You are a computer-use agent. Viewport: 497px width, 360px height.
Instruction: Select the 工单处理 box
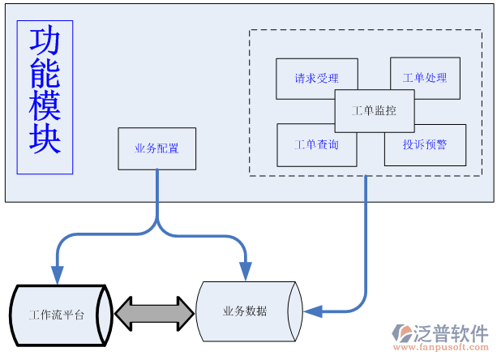[x=425, y=78]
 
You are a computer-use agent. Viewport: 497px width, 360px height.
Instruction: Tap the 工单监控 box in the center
[x=375, y=110]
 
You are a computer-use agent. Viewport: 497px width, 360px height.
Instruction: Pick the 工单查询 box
[x=316, y=144]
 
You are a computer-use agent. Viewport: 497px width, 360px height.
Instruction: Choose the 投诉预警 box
[x=425, y=145]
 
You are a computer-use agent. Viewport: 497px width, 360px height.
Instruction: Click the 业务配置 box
[x=156, y=148]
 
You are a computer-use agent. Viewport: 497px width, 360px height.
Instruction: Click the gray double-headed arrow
[x=154, y=311]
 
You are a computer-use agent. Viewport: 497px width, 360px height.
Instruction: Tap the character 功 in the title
[x=45, y=43]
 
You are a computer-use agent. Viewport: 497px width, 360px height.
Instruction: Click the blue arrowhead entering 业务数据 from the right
[x=311, y=311]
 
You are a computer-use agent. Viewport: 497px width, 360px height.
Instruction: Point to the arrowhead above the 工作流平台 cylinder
[x=58, y=274]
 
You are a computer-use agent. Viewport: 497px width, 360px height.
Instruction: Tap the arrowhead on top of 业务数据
[x=244, y=270]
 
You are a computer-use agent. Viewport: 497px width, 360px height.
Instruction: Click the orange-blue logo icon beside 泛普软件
[x=402, y=333]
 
